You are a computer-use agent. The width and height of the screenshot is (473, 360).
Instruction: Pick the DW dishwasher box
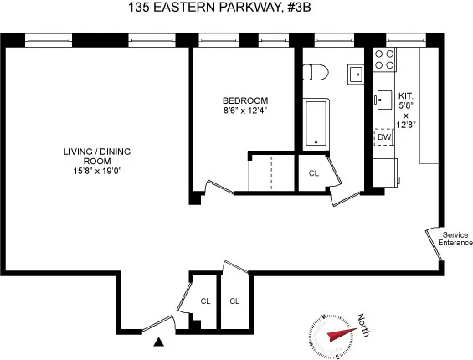pos(384,136)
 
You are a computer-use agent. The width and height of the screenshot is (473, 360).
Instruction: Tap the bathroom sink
pos(355,72)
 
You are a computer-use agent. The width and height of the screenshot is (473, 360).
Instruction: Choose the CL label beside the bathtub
pos(314,173)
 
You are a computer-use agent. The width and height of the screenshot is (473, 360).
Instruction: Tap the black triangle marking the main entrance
pos(158,341)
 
